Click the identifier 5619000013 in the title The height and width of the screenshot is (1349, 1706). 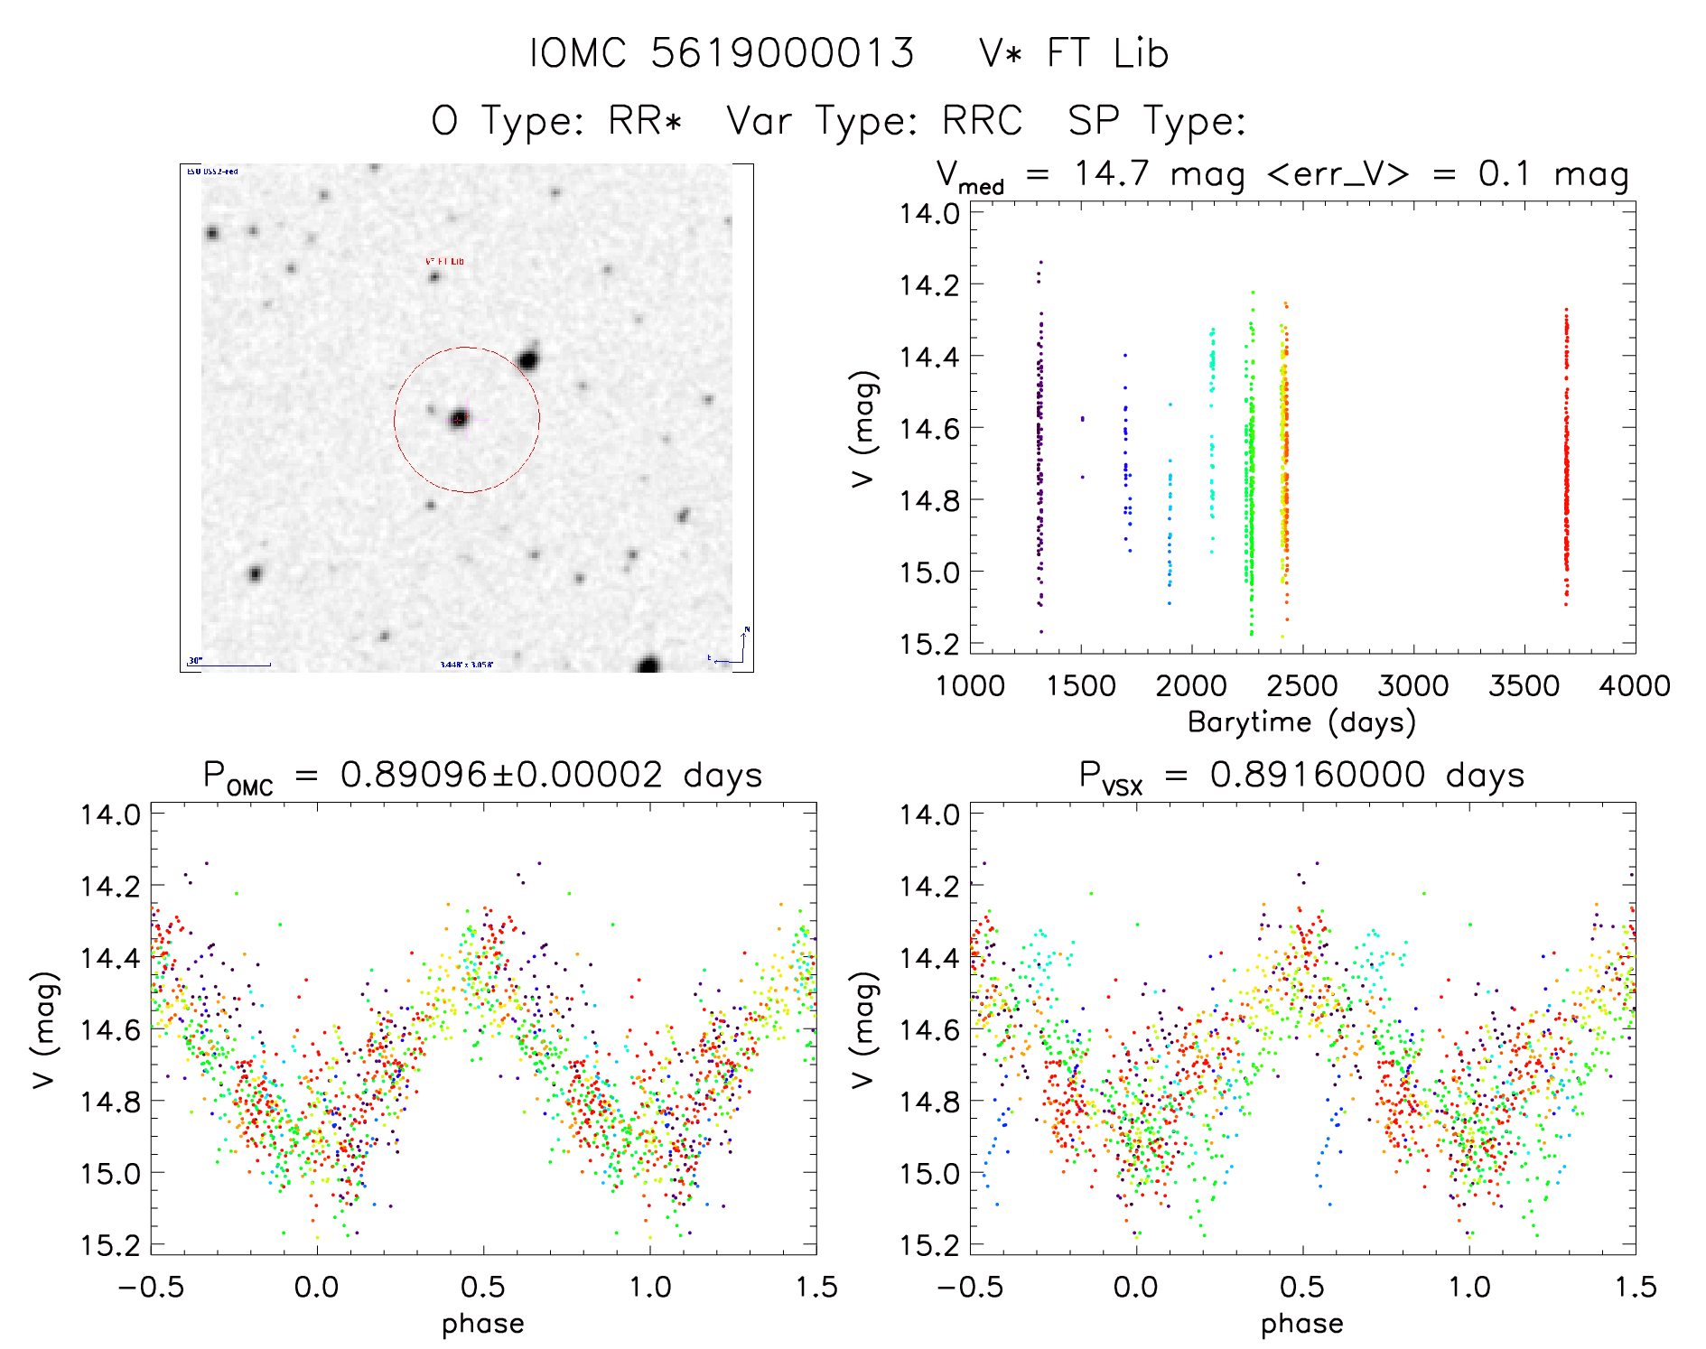coord(782,53)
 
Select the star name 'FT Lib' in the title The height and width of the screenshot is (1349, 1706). coord(1108,53)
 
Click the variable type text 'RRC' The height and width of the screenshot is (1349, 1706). coord(982,120)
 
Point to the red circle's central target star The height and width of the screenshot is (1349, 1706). coord(460,419)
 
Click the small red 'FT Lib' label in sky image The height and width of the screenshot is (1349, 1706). coord(444,261)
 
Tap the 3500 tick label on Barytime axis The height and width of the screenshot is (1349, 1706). coord(1524,686)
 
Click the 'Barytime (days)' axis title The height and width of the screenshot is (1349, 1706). coord(1301,722)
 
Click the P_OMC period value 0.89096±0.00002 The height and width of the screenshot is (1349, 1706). coord(501,775)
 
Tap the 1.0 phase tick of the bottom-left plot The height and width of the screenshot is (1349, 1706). coord(649,1287)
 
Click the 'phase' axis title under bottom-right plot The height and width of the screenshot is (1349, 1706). coord(1301,1324)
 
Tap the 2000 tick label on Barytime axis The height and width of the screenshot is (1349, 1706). coord(1191,686)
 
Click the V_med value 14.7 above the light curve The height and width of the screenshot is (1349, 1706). coord(1112,173)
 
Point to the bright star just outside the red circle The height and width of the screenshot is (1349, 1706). coord(528,361)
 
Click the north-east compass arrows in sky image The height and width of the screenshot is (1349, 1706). coord(736,648)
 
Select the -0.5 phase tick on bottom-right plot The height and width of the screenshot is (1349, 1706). coord(969,1287)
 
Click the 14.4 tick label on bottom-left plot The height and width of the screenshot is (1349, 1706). coord(109,958)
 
